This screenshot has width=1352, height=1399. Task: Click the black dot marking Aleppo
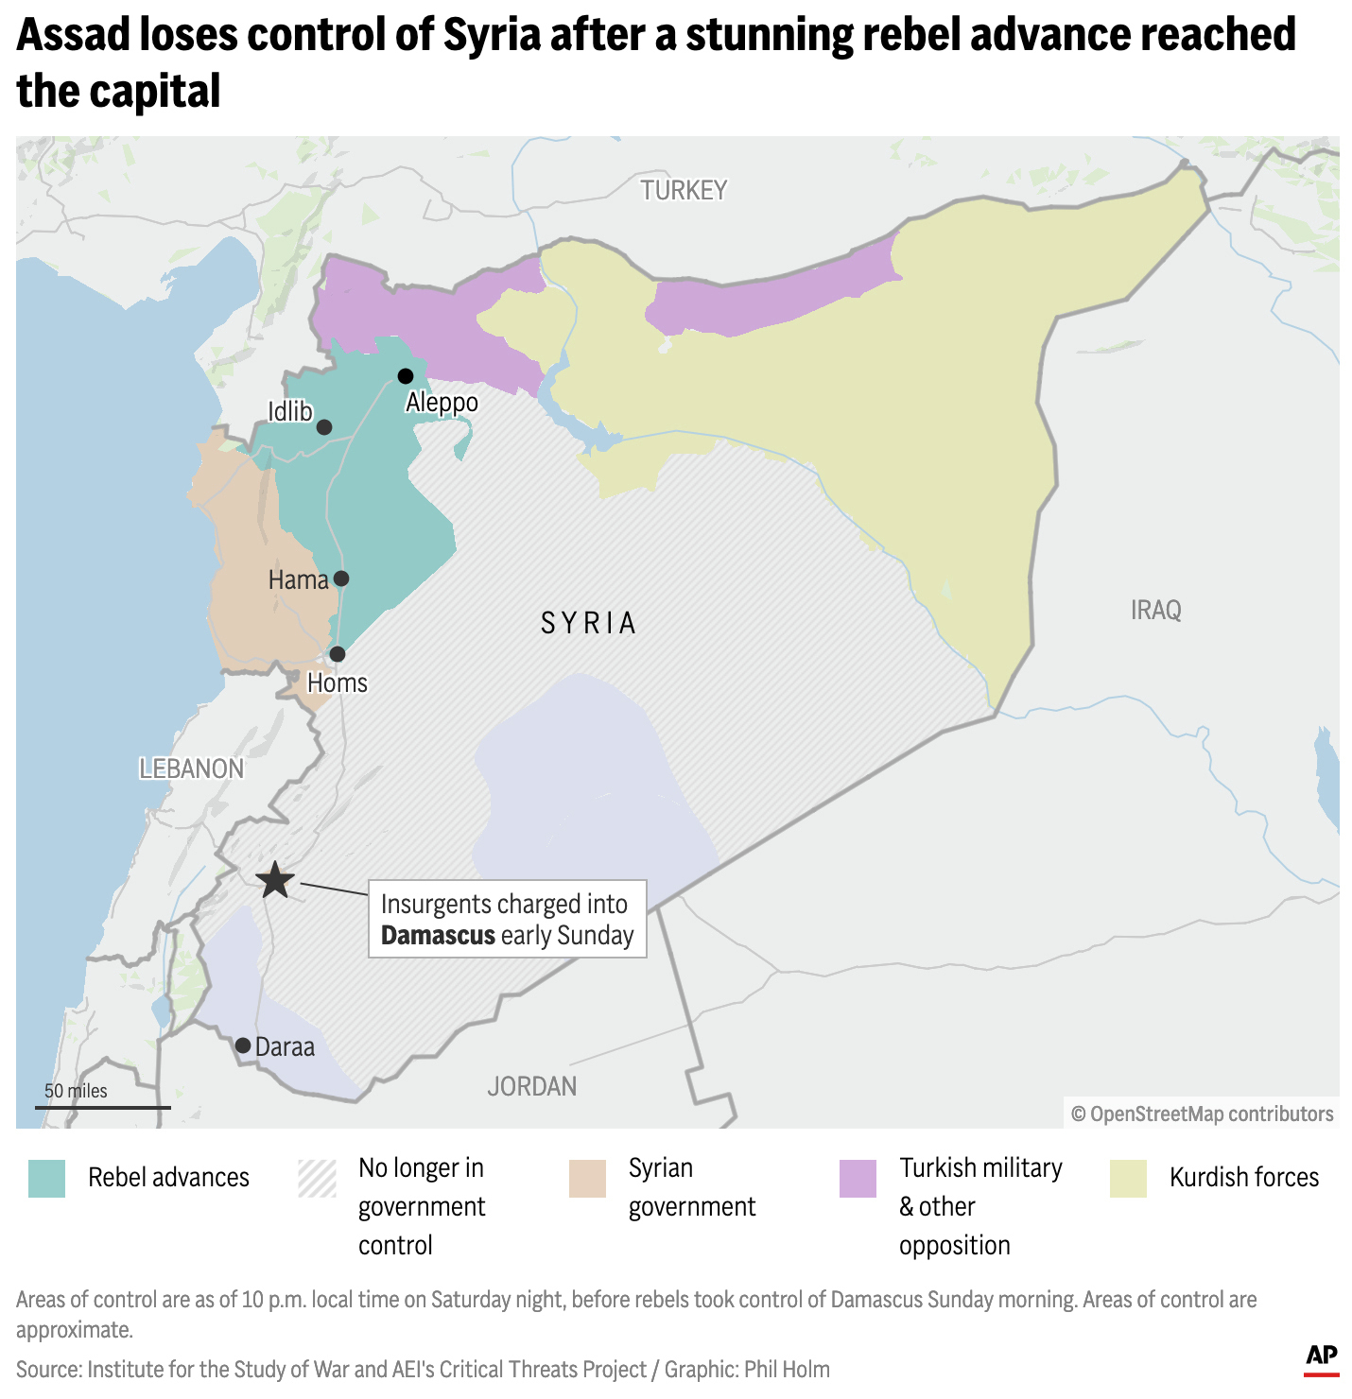pos(406,376)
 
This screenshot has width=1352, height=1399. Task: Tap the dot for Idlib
pos(324,427)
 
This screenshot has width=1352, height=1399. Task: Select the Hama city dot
pos(341,579)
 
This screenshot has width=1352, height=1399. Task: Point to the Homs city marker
pos(338,654)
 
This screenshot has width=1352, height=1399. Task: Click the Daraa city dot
pos(243,1045)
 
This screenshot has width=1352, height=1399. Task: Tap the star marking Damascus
pos(275,880)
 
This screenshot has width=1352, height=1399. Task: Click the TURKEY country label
pos(684,191)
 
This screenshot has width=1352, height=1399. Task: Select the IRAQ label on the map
pos(1155,611)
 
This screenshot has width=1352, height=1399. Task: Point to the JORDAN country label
pos(531,1087)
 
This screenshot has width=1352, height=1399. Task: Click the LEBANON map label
pos(191,769)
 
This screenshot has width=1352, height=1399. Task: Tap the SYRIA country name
pos(588,624)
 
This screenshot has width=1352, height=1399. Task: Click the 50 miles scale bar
pos(103,1106)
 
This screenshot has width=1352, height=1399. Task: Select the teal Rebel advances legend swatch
pos(46,1179)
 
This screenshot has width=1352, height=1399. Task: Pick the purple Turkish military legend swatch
pos(858,1179)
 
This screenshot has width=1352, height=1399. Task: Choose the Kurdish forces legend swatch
pos(1128,1179)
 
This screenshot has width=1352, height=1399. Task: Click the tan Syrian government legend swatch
pos(587,1179)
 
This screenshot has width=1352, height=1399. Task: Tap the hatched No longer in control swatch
pos(317,1179)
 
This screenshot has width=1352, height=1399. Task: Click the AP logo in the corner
pos(1321,1357)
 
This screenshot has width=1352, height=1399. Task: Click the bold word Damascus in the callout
pos(438,936)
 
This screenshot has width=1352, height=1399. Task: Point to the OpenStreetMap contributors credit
pos(1202,1114)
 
